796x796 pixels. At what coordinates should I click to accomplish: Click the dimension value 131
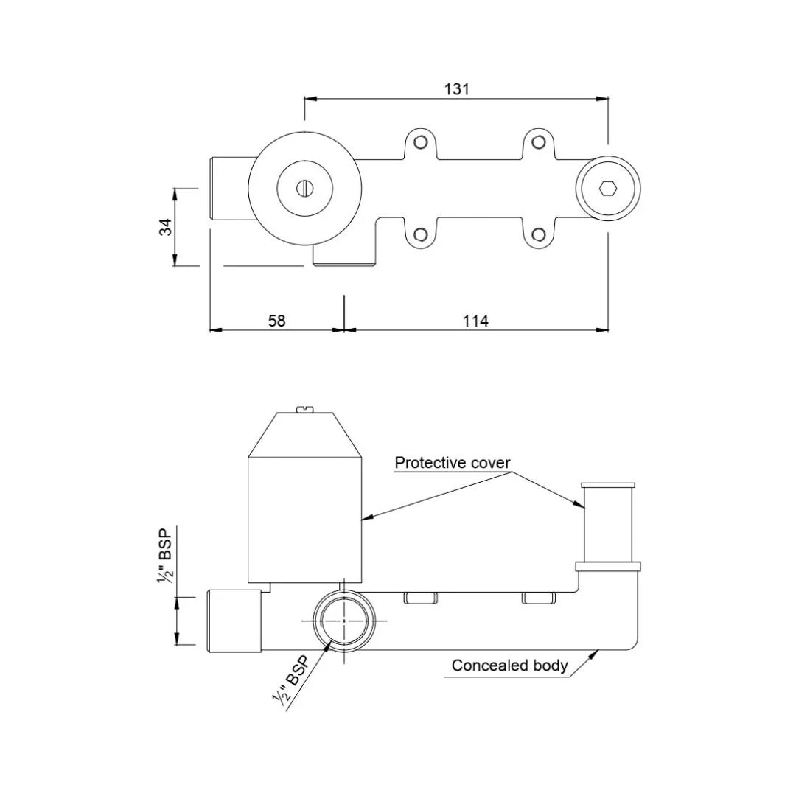coord(456,89)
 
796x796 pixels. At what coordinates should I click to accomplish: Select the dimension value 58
coord(276,321)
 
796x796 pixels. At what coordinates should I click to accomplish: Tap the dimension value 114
coord(475,321)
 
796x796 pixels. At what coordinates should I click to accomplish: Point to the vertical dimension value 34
coord(167,227)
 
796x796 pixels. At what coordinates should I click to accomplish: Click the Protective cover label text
coord(452,463)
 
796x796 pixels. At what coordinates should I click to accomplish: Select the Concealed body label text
coord(509,666)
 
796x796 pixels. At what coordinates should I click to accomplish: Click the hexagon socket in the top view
coord(608,189)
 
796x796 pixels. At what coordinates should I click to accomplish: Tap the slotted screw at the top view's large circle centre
coord(305,189)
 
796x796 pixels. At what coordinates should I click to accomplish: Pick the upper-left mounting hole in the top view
coord(420,142)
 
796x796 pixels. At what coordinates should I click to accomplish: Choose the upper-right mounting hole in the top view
coord(539,142)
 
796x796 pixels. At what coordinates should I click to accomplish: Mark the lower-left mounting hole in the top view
coord(420,235)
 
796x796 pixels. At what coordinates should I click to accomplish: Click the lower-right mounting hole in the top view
coord(539,235)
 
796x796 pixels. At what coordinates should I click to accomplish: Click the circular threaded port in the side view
coord(344,621)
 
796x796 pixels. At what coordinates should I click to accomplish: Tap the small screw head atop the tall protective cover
coord(305,408)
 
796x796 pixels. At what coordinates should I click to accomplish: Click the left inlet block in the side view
coord(234,621)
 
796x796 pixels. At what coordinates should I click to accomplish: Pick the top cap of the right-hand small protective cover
coord(608,485)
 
